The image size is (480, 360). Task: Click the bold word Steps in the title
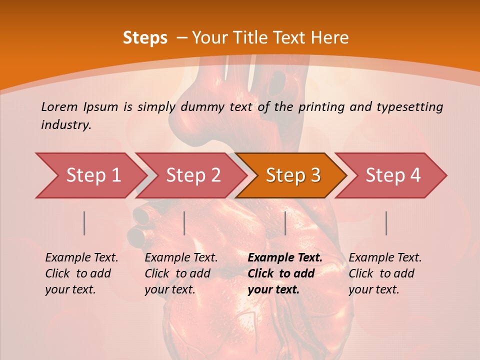pyautogui.click(x=145, y=38)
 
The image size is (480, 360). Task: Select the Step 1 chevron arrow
pyautogui.click(x=90, y=175)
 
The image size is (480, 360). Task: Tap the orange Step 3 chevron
pyautogui.click(x=291, y=175)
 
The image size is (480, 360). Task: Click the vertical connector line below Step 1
pyautogui.click(x=84, y=223)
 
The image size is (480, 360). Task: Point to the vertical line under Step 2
pyautogui.click(x=184, y=223)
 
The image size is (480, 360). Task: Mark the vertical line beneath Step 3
pyautogui.click(x=285, y=223)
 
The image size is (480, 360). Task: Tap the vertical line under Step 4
pyautogui.click(x=386, y=223)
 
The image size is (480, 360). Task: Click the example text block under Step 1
pyautogui.click(x=81, y=273)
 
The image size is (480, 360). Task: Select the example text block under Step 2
pyautogui.click(x=181, y=273)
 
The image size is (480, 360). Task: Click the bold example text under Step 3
pyautogui.click(x=284, y=273)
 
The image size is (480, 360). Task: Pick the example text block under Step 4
pyautogui.click(x=385, y=273)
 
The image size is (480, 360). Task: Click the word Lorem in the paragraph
pyautogui.click(x=60, y=107)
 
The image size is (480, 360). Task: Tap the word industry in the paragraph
pyautogui.click(x=66, y=125)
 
